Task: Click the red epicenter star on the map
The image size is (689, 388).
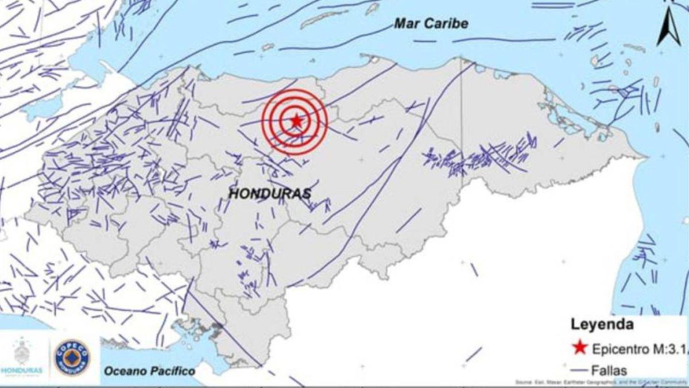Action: (296, 121)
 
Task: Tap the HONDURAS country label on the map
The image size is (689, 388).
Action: (270, 194)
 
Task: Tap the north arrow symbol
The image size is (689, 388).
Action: (668, 29)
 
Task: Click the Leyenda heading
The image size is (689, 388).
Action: (602, 325)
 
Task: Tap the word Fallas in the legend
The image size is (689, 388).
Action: (610, 370)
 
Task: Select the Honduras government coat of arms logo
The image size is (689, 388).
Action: (22, 352)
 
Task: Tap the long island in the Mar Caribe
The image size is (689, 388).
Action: (324, 20)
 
